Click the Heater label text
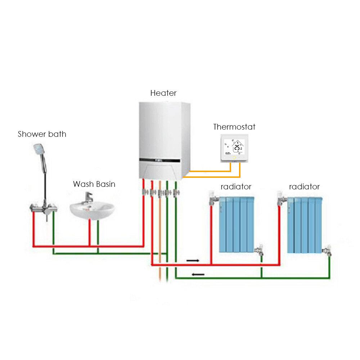click(x=163, y=93)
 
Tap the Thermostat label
click(x=234, y=127)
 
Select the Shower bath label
click(x=42, y=134)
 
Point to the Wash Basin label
click(x=94, y=184)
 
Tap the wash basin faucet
click(x=89, y=197)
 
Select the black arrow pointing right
click(x=193, y=261)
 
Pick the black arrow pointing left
click(x=198, y=274)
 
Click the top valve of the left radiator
click(x=213, y=198)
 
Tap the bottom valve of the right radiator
click(x=327, y=251)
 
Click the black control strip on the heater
click(x=160, y=160)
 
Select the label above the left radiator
click(x=236, y=186)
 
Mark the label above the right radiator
click(x=305, y=186)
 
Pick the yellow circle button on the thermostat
click(x=234, y=158)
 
